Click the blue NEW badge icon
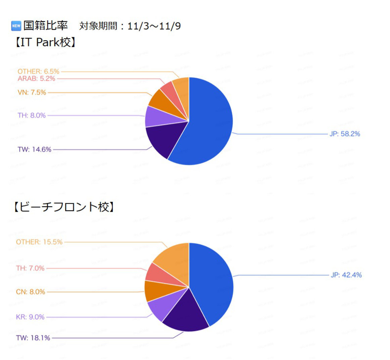16,25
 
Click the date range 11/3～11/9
154,26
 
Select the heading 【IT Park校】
45,42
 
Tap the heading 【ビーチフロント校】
64,207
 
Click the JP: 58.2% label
345,134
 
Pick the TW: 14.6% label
34,149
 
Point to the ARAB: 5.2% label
36,79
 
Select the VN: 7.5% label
32,92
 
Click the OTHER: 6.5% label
38,71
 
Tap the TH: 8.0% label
32,115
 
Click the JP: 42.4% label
346,275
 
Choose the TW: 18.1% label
33,338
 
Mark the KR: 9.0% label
30,317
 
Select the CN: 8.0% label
30,292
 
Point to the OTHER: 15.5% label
39,242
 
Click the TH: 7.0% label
30,268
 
